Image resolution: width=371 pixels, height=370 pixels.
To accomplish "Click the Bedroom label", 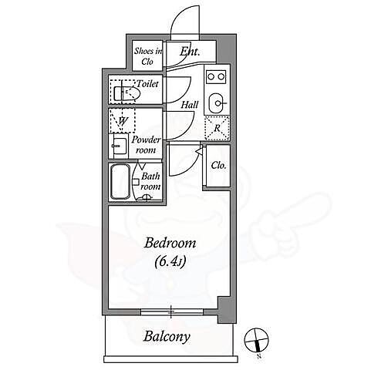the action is click(170, 243).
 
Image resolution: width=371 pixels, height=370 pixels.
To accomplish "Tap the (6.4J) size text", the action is click(170, 261).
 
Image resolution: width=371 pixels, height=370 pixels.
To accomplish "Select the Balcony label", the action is click(167, 337).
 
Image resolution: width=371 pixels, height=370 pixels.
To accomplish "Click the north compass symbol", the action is click(256, 340).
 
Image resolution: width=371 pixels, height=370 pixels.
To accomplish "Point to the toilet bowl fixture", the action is click(126, 93).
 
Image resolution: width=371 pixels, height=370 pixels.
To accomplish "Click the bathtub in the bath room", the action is click(120, 182).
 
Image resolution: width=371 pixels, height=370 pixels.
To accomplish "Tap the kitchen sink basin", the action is click(216, 103).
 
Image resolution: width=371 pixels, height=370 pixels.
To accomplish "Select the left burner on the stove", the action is click(211, 76).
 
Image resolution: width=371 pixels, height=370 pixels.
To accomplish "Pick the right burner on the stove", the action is click(221, 76).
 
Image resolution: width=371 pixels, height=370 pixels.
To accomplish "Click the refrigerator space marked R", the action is click(217, 128).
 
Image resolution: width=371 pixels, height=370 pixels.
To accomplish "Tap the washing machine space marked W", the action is click(123, 120).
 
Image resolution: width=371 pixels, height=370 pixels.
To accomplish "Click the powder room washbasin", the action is click(120, 146).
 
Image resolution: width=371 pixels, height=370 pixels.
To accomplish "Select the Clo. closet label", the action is click(218, 166).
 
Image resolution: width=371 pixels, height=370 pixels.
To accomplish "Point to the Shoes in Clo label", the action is click(147, 56).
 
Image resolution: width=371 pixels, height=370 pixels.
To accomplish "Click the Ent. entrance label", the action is click(190, 52).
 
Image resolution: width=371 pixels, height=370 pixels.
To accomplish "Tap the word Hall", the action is click(190, 105).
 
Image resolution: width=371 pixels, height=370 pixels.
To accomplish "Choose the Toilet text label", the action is click(147, 84).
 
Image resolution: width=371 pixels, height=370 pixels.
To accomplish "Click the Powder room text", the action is click(146, 145).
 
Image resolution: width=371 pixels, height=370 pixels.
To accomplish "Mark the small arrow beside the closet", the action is click(198, 152).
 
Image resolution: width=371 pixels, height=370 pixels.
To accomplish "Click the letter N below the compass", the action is click(259, 356).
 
